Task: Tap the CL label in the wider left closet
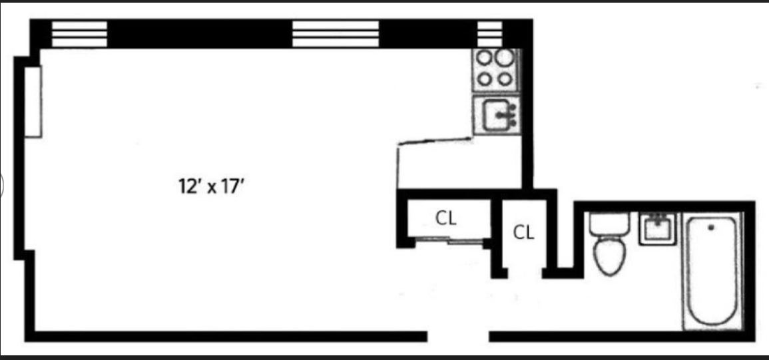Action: tap(446, 218)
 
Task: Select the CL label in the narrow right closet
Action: tap(524, 232)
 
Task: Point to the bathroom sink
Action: tap(658, 228)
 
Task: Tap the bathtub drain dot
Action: tap(710, 228)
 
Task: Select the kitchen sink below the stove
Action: tap(496, 115)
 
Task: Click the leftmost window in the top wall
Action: tap(79, 33)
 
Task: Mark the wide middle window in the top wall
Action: tap(336, 33)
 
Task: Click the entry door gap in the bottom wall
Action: tap(458, 335)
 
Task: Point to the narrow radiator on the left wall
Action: tap(33, 101)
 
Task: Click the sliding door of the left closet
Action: tap(447, 241)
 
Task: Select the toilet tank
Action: tap(609, 223)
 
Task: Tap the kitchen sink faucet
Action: tap(510, 115)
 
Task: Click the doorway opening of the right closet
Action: tap(525, 272)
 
